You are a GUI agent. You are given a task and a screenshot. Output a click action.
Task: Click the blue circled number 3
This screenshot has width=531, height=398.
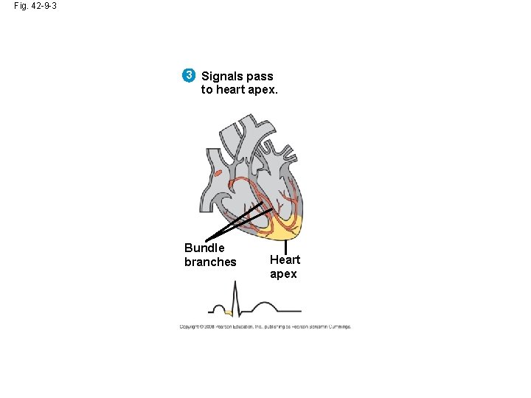pos(190,75)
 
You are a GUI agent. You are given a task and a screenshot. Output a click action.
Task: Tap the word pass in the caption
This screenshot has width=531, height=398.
pos(260,76)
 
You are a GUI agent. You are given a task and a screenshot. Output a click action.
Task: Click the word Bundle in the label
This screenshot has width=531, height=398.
pos(204,248)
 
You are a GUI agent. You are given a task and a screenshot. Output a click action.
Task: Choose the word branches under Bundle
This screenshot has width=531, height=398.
pos(210,262)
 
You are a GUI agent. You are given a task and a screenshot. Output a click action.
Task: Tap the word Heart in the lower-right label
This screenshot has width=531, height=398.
pos(285,259)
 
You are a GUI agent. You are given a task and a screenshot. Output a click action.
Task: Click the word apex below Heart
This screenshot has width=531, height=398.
pos(283,274)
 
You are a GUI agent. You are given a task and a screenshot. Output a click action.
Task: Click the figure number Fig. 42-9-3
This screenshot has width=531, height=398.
pos(35,6)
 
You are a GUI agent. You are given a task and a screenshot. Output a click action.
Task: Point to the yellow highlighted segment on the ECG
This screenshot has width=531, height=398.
pos(228,313)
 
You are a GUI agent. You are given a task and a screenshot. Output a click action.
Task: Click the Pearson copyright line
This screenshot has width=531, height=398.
pos(265,327)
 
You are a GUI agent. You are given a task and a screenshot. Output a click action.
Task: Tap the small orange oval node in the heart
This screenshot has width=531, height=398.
pos(218,174)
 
